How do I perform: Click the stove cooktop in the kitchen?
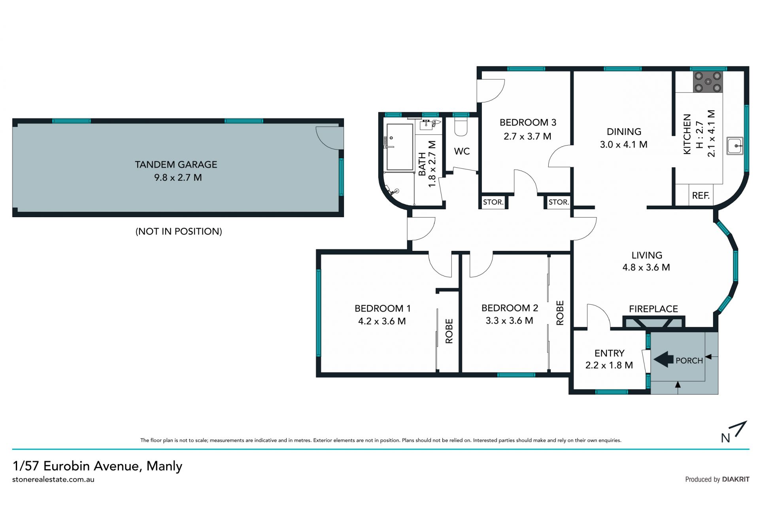tap(708, 82)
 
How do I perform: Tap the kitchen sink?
tap(735, 146)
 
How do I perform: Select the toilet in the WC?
tap(461, 125)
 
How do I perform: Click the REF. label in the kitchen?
tap(701, 195)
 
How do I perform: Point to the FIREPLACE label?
tap(653, 309)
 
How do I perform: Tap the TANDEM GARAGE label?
tap(176, 165)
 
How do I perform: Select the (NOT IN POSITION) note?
tap(179, 231)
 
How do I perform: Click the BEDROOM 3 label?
tap(528, 123)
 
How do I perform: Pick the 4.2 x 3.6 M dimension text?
tap(382, 321)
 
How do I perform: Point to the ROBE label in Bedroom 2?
tap(560, 313)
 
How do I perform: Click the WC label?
tap(462, 151)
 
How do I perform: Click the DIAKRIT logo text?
tap(736, 479)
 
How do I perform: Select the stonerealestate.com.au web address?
tap(53, 479)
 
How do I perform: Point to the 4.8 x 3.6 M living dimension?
tap(646, 267)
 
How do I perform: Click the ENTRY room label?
tap(610, 353)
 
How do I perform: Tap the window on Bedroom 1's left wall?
tap(319, 313)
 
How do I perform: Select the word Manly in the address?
tap(164, 466)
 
